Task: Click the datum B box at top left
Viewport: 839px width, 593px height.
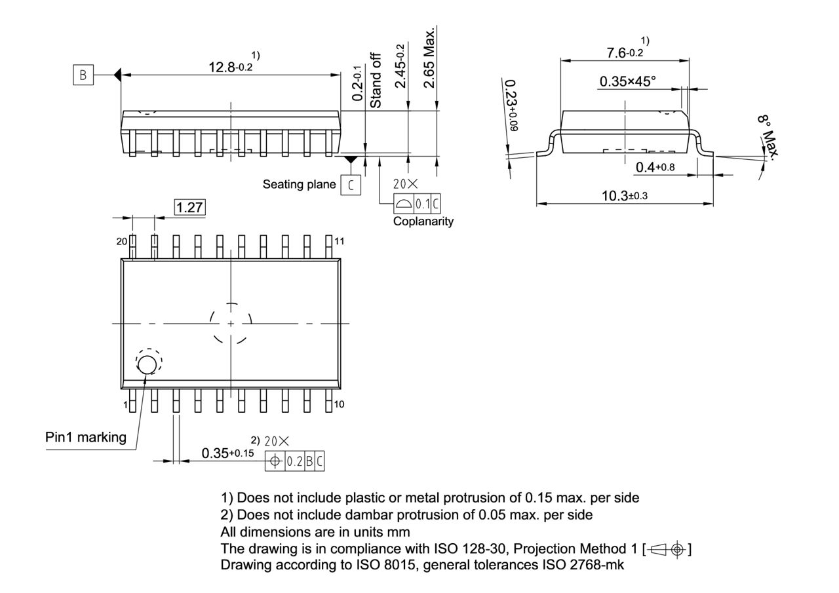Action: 83,75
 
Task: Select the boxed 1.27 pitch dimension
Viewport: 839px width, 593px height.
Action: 189,208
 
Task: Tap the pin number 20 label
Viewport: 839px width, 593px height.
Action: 122,241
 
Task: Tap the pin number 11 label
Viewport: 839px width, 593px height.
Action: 339,241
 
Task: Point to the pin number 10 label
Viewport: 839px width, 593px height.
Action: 339,404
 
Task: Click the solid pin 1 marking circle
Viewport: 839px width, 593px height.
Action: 147,364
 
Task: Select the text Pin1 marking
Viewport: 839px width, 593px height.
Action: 86,437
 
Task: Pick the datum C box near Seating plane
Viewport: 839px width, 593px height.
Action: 350,185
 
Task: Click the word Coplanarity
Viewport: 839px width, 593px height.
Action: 423,221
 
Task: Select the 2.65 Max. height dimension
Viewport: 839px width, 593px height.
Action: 430,58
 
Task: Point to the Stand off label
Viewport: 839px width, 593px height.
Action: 376,81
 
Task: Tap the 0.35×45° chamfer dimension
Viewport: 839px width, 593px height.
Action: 627,81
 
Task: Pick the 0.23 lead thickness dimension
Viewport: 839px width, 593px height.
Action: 511,105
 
